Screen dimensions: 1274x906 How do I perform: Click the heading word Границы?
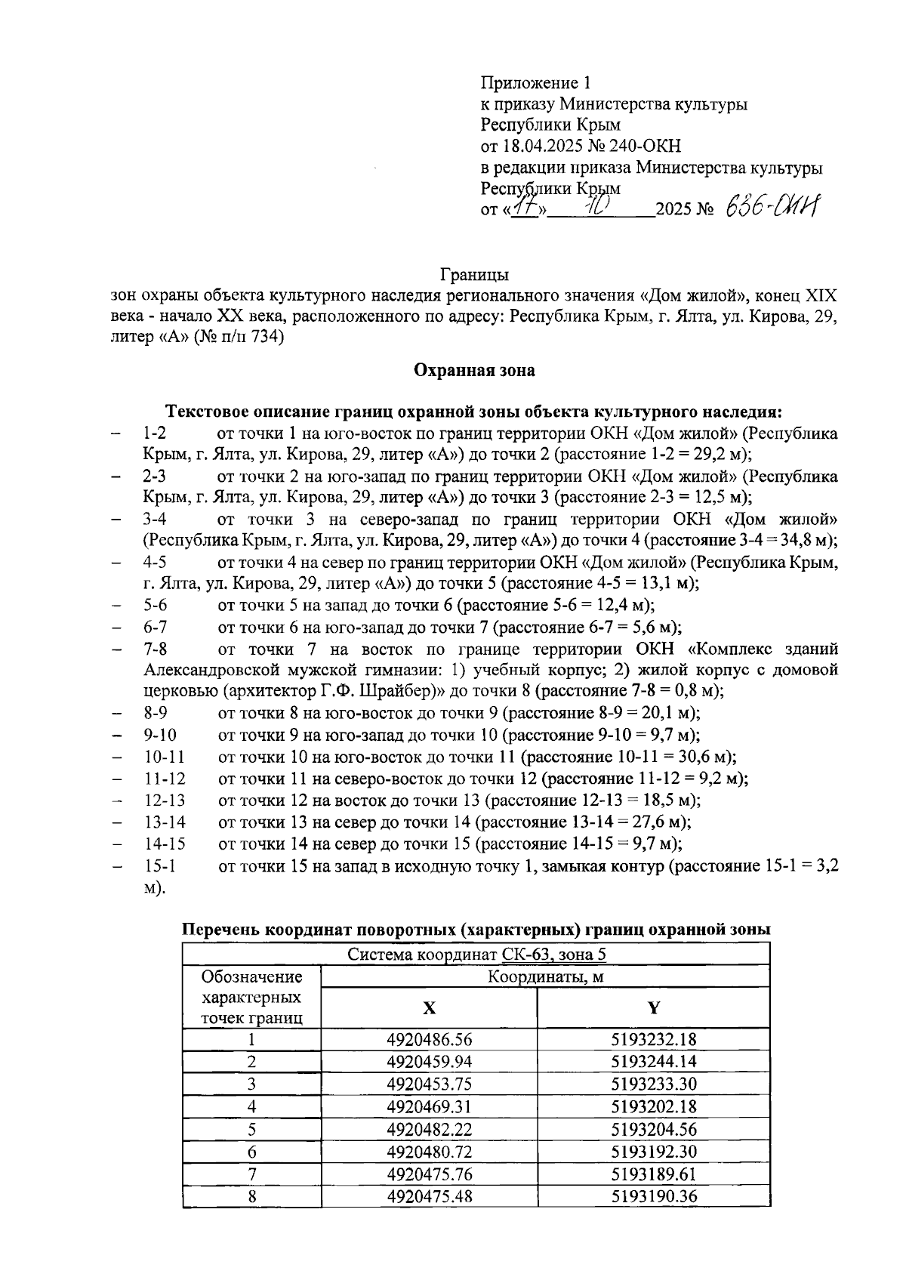(x=473, y=273)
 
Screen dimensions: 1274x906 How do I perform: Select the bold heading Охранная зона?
(x=474, y=370)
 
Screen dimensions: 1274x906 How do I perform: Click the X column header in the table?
(x=428, y=1008)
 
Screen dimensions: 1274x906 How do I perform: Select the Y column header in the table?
(x=653, y=1008)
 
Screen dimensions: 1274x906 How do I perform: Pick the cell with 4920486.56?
(x=429, y=1039)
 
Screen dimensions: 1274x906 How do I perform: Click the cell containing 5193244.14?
(x=653, y=1062)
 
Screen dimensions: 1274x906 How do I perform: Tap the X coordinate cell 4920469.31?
(x=429, y=1107)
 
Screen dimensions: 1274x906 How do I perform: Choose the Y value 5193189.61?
(x=653, y=1174)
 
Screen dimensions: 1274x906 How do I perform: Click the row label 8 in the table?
(x=251, y=1197)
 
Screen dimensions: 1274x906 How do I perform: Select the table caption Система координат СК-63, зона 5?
(x=476, y=954)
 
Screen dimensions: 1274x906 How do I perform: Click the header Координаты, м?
(x=545, y=976)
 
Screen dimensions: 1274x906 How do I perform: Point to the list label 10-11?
(x=165, y=757)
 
